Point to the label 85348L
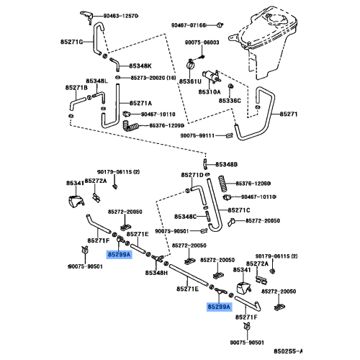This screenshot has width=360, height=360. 96,81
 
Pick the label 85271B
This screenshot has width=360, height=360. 76,87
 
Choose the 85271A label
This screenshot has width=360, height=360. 141,104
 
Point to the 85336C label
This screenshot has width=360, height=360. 230,100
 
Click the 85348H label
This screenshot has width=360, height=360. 157,272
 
